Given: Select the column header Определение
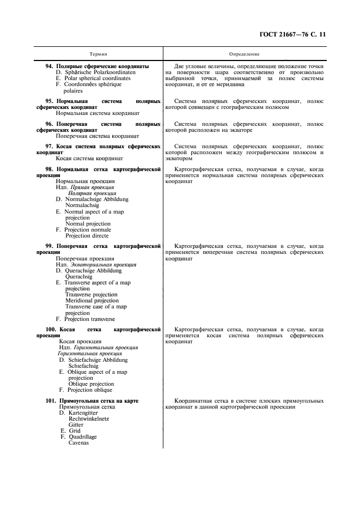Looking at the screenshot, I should coord(245,54).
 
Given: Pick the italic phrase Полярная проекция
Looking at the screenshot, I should coord(91,193).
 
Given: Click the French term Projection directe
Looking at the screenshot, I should coord(88,236).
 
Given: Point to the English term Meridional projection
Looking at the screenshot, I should coord(91,301).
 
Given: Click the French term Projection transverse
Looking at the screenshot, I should coord(89,319).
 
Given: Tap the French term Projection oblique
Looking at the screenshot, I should coord(88,390).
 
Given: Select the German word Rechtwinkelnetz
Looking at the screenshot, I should coord(89,418).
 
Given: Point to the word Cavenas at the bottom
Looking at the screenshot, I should coord(79,442).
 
